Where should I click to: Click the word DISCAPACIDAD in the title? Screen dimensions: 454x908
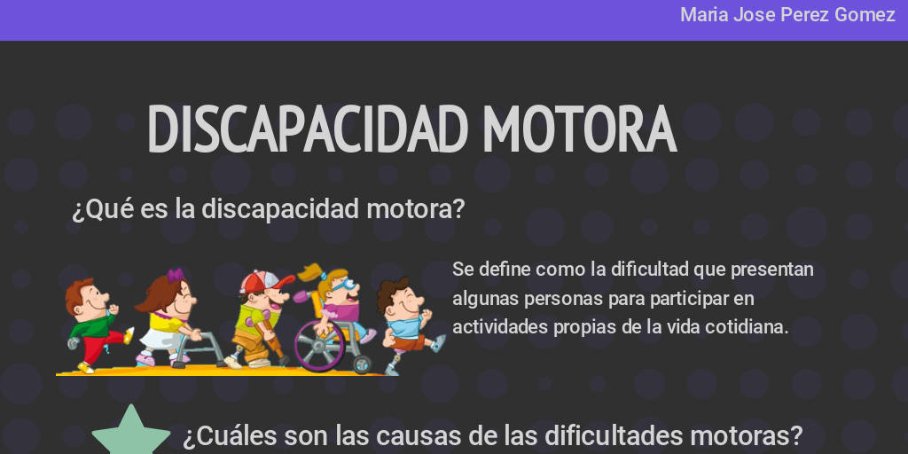pyautogui.click(x=308, y=129)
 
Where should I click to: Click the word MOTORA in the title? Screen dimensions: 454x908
pyautogui.click(x=580, y=129)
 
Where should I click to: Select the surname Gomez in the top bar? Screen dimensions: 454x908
pyautogui.click(x=865, y=15)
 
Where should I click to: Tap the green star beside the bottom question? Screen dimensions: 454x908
pyautogui.click(x=131, y=434)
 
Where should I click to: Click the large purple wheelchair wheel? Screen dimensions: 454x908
pyautogui.click(x=319, y=346)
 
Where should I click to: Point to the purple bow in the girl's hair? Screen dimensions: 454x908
pyautogui.click(x=176, y=275)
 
